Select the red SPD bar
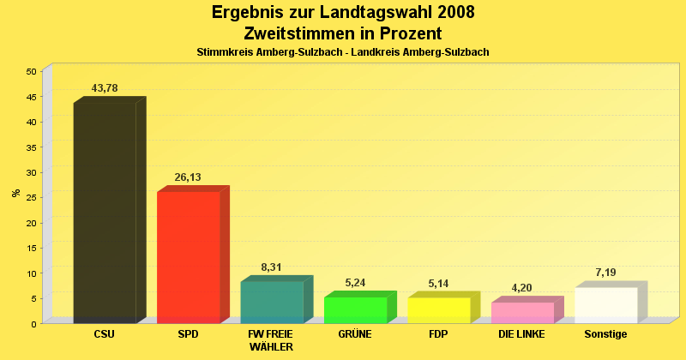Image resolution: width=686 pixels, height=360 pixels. [188, 257]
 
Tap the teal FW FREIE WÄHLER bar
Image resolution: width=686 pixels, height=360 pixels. [271, 302]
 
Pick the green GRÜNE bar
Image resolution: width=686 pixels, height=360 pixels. [355, 309]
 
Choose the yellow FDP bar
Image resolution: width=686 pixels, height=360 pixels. [438, 309]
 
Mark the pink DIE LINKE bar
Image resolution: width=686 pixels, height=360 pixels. [522, 312]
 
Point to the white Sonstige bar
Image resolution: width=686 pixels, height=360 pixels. [605, 304]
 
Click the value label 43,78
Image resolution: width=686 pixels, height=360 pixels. [105, 88]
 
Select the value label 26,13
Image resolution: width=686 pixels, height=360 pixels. [188, 177]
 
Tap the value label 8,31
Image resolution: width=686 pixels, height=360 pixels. [271, 267]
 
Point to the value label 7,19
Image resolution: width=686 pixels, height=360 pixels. [605, 273]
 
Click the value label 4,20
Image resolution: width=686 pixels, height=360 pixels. [522, 288]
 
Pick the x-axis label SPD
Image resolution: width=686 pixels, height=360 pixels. [188, 334]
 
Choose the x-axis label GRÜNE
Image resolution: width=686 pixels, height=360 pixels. [355, 334]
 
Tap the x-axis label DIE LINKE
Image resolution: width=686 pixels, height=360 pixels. [521, 334]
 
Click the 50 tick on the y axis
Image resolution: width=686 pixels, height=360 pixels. [31, 71]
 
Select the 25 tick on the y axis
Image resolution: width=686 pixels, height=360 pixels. [31, 197]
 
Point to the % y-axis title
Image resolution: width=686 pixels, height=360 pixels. [15, 192]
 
